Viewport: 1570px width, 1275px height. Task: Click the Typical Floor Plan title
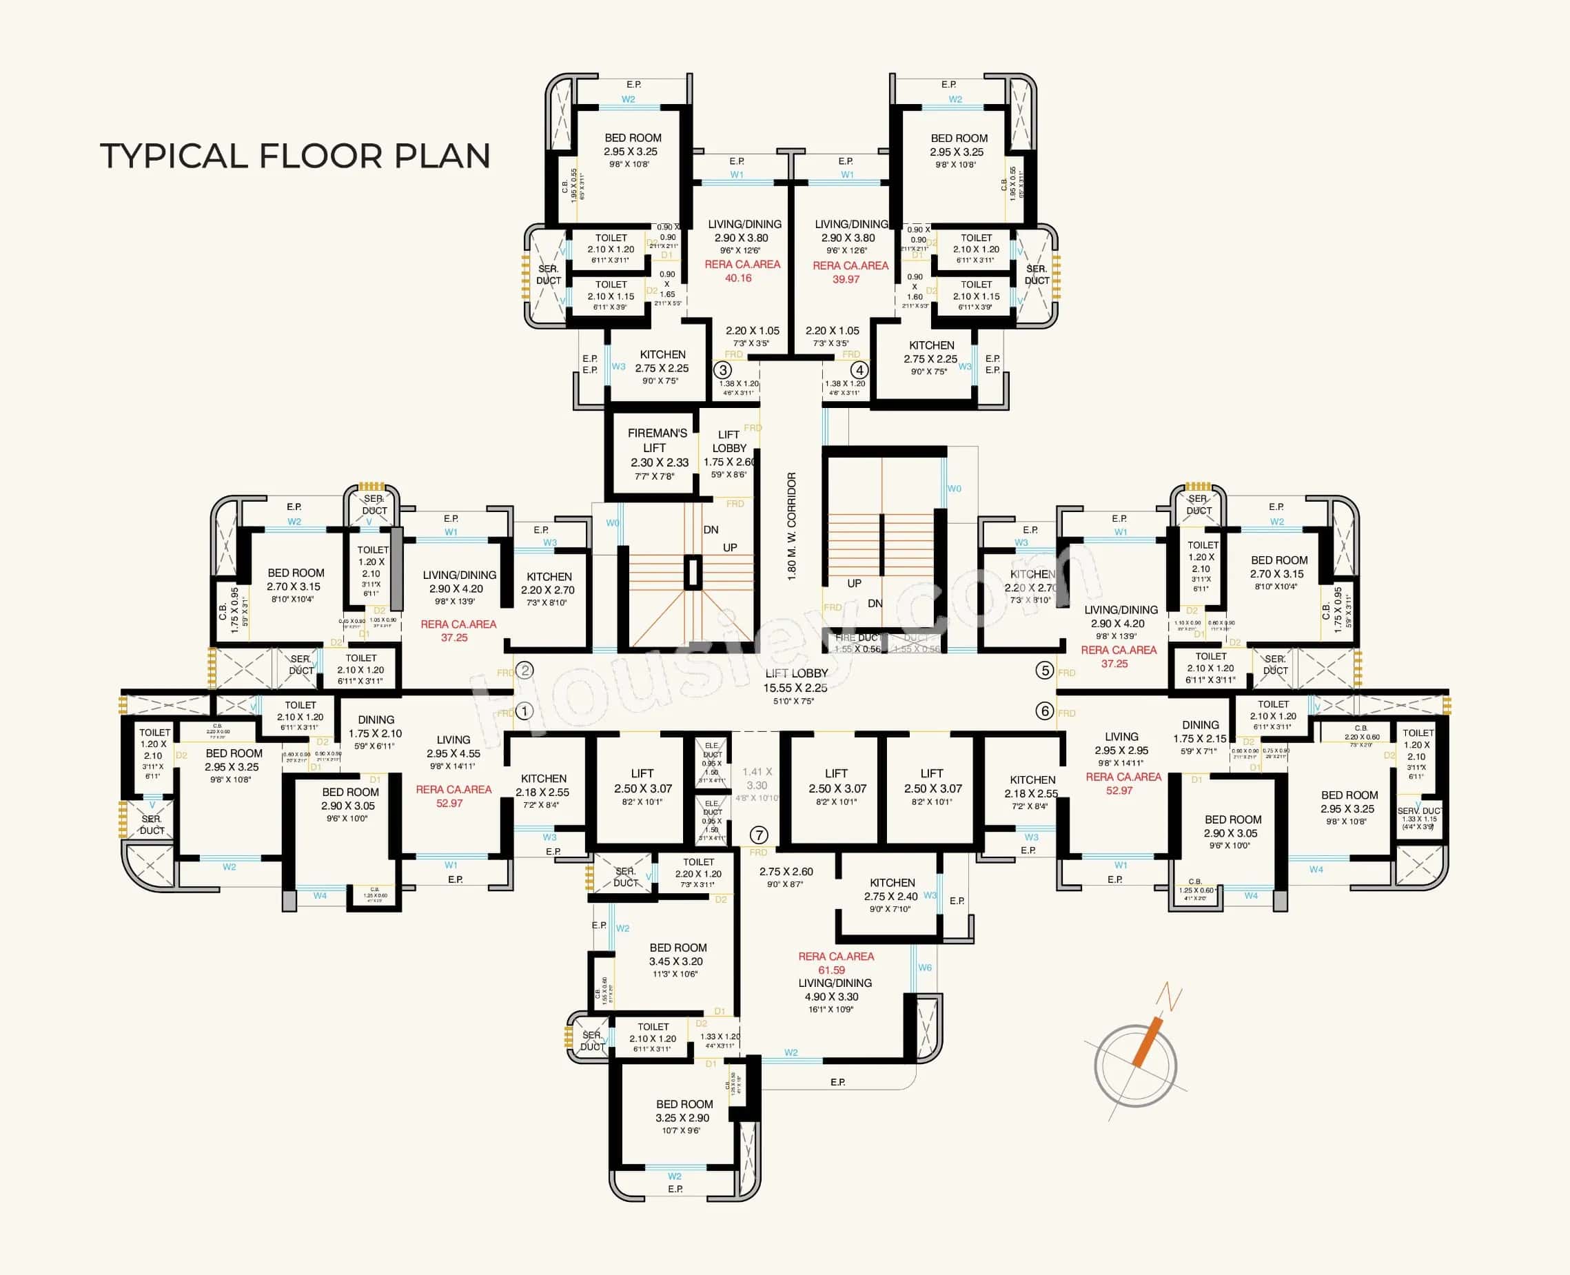[x=294, y=156]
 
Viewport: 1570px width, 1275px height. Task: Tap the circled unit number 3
[x=722, y=370]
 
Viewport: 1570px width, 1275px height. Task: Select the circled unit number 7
[x=759, y=835]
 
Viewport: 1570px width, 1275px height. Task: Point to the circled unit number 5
[x=1044, y=670]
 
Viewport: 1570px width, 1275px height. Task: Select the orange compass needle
[x=1147, y=1041]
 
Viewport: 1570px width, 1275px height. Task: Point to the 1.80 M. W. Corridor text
[x=792, y=526]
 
